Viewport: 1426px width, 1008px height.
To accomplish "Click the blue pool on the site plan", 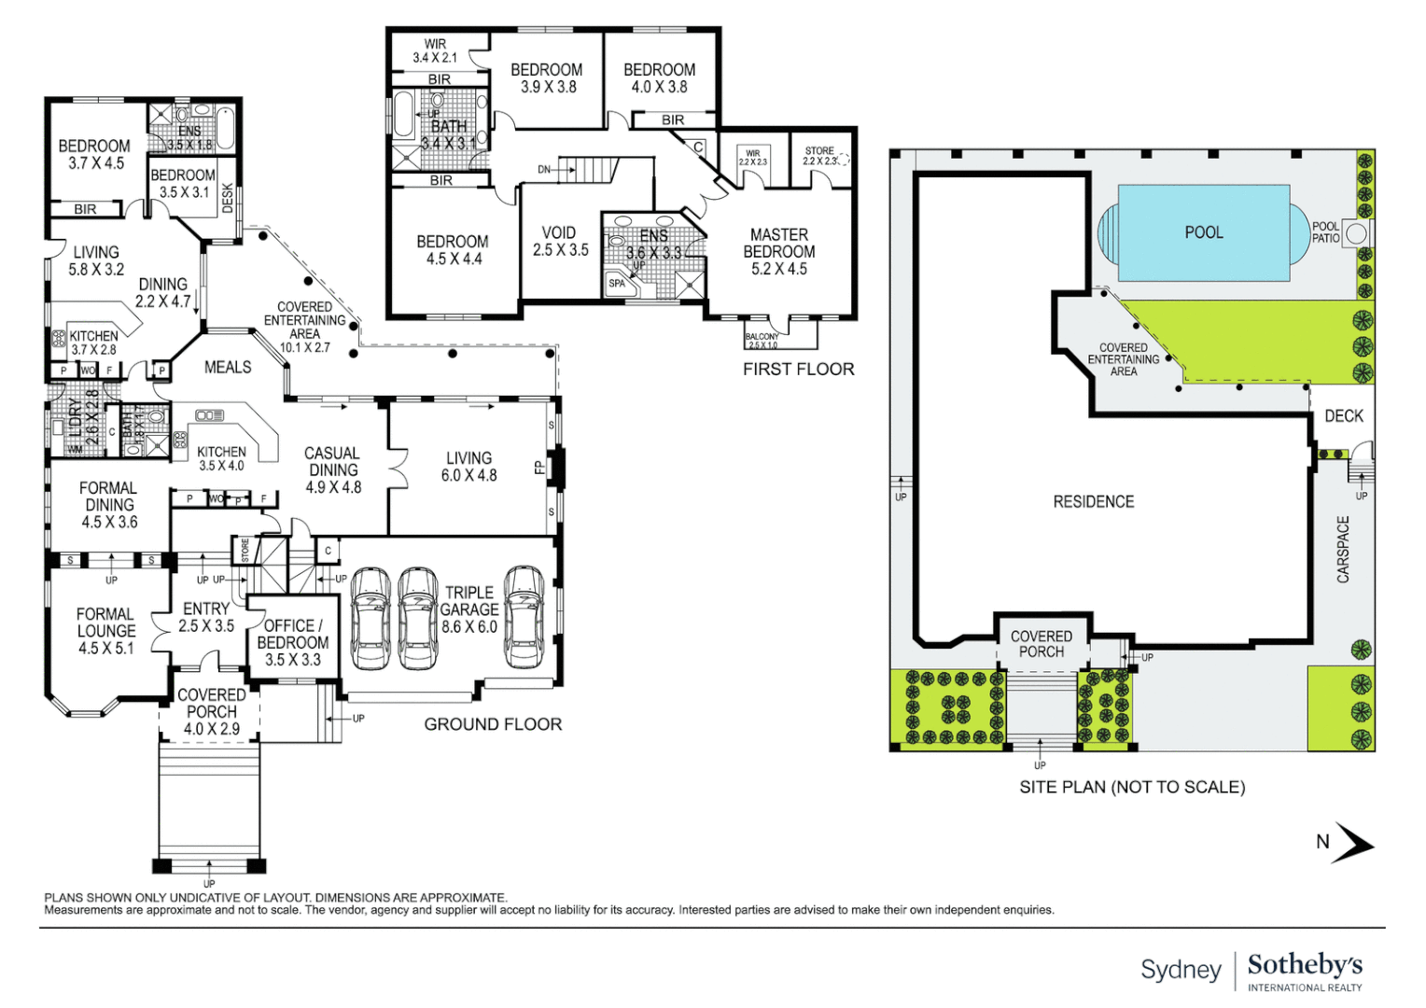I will point(1203,232).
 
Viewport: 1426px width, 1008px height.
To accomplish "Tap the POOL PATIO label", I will point(1325,232).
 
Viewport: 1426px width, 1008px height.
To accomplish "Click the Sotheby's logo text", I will point(1304,965).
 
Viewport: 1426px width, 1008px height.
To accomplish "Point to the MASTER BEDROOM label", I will point(778,252).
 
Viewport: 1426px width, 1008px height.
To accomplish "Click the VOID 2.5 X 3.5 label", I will point(560,242).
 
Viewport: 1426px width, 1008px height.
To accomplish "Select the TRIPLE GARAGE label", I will point(468,609).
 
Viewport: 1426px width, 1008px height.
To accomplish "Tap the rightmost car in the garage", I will point(524,617).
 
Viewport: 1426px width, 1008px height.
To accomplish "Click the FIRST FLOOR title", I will point(798,370).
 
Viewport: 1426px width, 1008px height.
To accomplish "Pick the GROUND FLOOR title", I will point(493,724).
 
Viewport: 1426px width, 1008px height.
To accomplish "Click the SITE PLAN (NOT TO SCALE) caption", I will point(1131,787).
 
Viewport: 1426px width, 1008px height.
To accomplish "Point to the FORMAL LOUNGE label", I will point(105,631).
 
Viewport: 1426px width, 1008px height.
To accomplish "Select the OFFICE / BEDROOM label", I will point(292,642).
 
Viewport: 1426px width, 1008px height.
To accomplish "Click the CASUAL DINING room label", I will point(332,469).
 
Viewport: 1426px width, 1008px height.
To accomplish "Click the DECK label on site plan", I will point(1343,416).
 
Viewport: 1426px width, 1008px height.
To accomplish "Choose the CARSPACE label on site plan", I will point(1343,550).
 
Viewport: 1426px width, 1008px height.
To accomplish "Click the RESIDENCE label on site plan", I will point(1093,502).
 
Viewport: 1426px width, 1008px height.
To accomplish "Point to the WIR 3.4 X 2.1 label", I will point(435,50).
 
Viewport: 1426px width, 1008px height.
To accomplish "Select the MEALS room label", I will point(228,368).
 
